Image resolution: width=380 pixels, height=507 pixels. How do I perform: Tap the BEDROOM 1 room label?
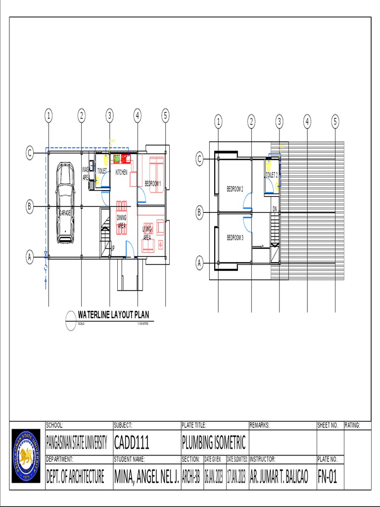tap(152, 184)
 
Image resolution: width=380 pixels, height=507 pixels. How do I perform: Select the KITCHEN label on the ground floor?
tap(121, 172)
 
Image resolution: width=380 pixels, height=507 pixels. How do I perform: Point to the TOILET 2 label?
tap(272, 175)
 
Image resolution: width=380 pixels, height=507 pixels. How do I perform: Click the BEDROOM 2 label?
tap(235, 188)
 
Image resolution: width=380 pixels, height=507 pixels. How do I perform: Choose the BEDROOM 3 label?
tap(235, 238)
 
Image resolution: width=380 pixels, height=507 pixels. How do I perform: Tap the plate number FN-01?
tap(327, 477)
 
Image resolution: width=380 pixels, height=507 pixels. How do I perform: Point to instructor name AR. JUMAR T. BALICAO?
tap(279, 477)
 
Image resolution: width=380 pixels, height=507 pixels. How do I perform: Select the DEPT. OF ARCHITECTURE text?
tap(75, 477)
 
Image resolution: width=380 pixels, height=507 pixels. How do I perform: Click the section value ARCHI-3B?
tap(191, 477)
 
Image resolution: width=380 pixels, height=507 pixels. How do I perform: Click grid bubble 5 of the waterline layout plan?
tap(165, 116)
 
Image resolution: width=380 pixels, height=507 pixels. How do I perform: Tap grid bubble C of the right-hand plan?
tap(200, 159)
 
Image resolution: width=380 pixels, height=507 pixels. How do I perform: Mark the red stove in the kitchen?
tap(125, 158)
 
